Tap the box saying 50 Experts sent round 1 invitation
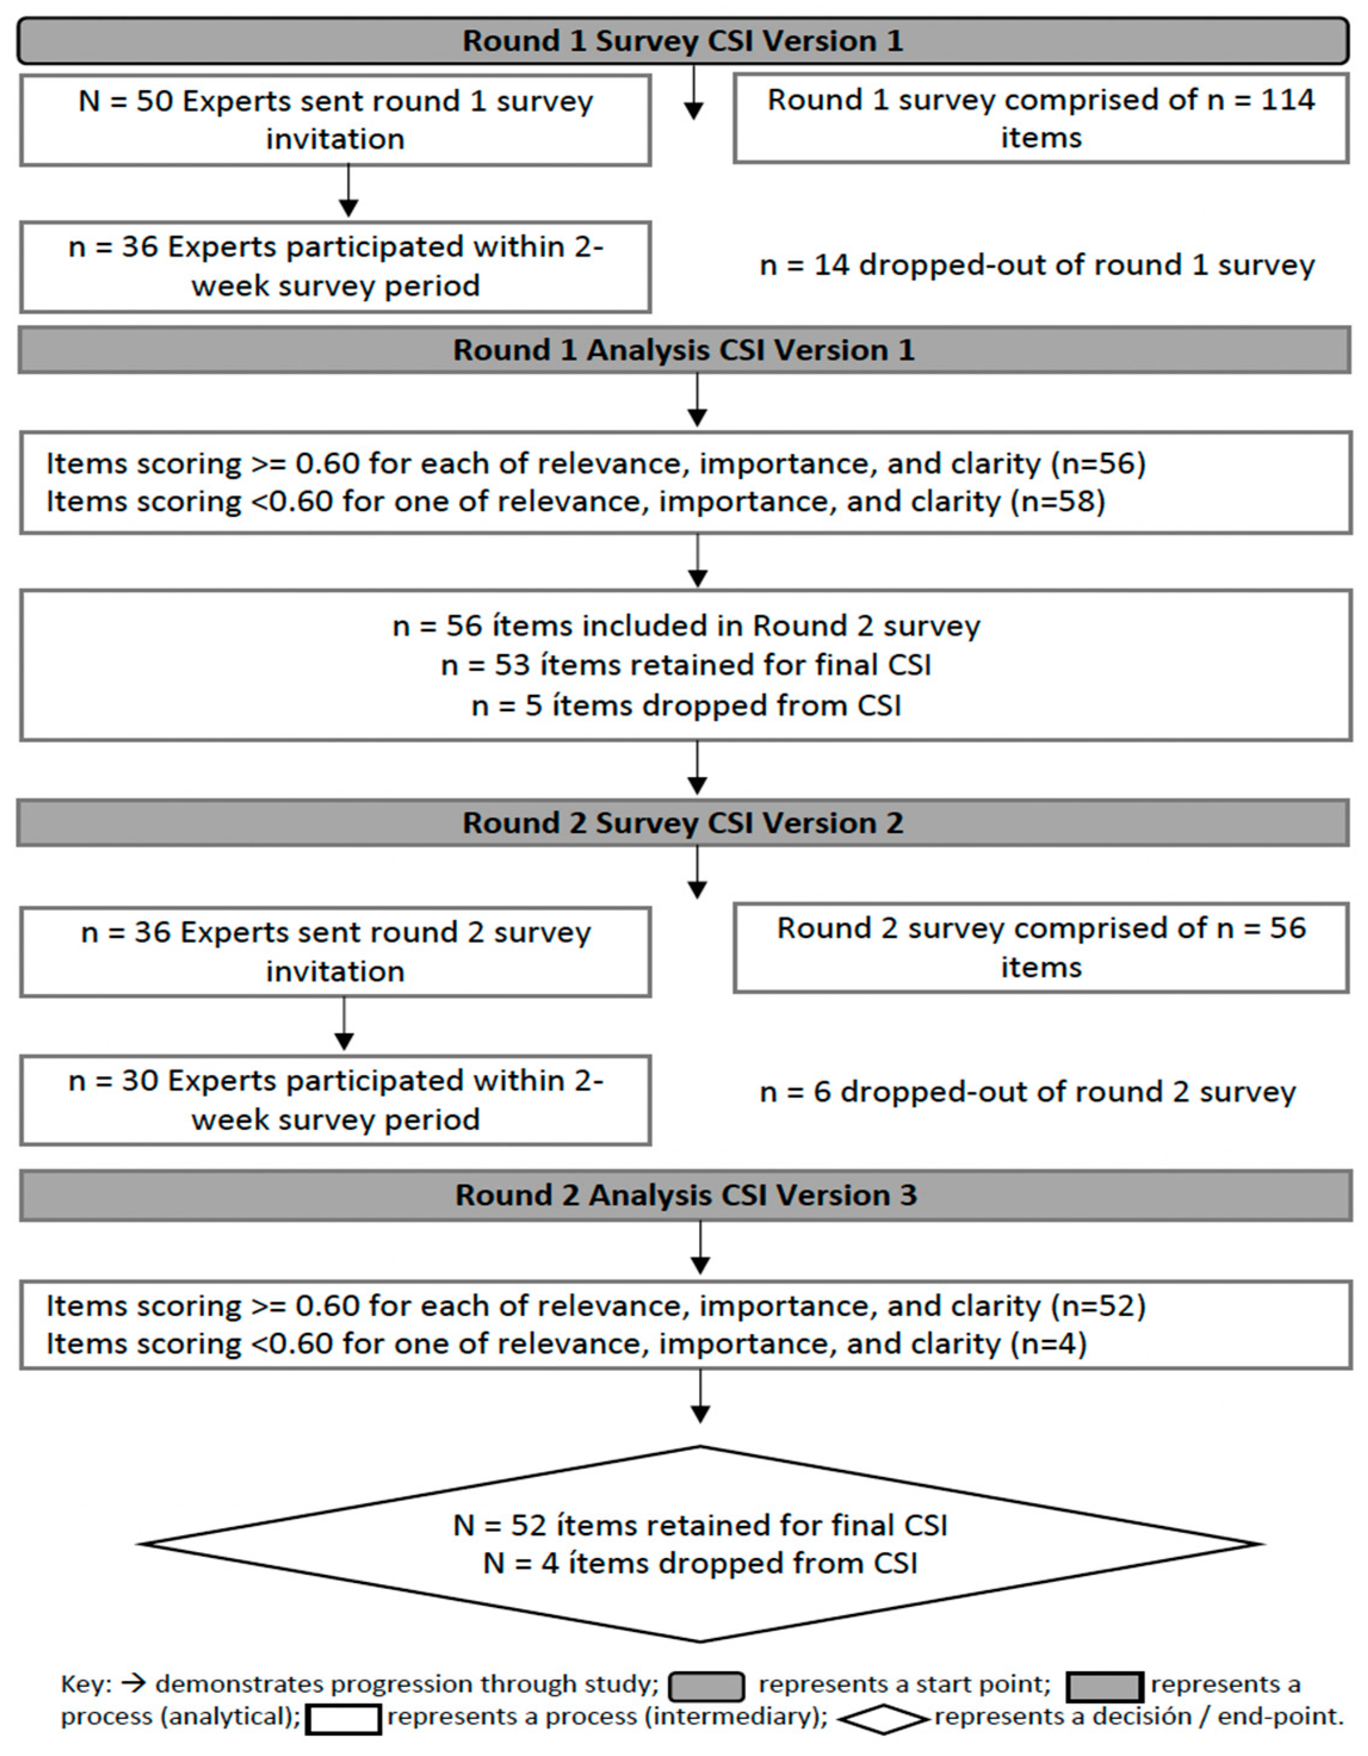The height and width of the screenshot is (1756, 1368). (x=335, y=120)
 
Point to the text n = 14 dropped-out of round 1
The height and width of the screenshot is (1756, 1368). (x=1036, y=265)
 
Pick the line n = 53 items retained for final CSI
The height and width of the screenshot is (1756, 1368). (x=685, y=665)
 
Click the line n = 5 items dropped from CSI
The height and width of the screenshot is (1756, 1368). (x=685, y=705)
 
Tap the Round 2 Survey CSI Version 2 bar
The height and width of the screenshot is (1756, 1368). (x=682, y=823)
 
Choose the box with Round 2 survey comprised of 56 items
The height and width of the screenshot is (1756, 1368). (x=1040, y=947)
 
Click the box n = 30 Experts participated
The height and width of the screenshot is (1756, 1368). (x=335, y=1099)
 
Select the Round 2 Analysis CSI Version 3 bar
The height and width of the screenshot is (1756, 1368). (x=685, y=1195)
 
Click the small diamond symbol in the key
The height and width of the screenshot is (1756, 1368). (x=881, y=1719)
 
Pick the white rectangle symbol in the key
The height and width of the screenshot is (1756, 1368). (x=343, y=1720)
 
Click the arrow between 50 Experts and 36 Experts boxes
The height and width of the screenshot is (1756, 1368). (x=348, y=191)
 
